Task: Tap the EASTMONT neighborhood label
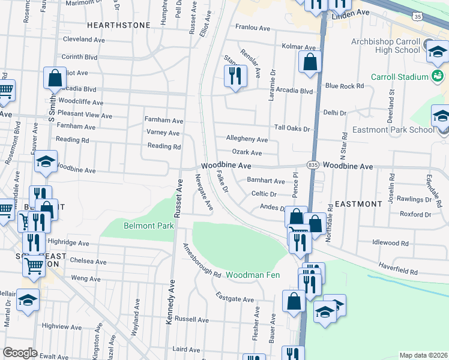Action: pyautogui.click(x=358, y=204)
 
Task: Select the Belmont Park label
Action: pyautogui.click(x=148, y=226)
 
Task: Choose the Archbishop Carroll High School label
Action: pyautogui.click(x=382, y=46)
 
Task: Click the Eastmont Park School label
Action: pyautogui.click(x=402, y=129)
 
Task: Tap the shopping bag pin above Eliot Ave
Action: pyautogui.click(x=55, y=78)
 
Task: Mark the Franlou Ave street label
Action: pyautogui.click(x=253, y=28)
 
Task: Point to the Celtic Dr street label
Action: pyautogui.click(x=264, y=194)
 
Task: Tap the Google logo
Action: pyautogui.click(x=20, y=353)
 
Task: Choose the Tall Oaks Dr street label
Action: pyautogui.click(x=292, y=128)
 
